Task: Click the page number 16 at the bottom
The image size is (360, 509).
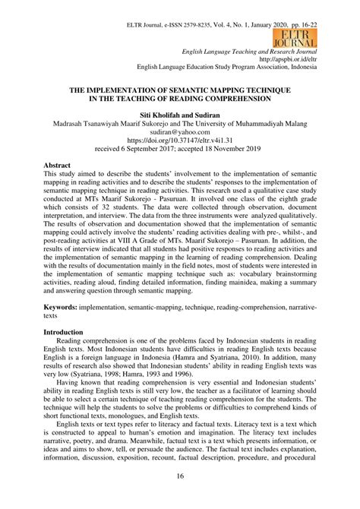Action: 180,476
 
